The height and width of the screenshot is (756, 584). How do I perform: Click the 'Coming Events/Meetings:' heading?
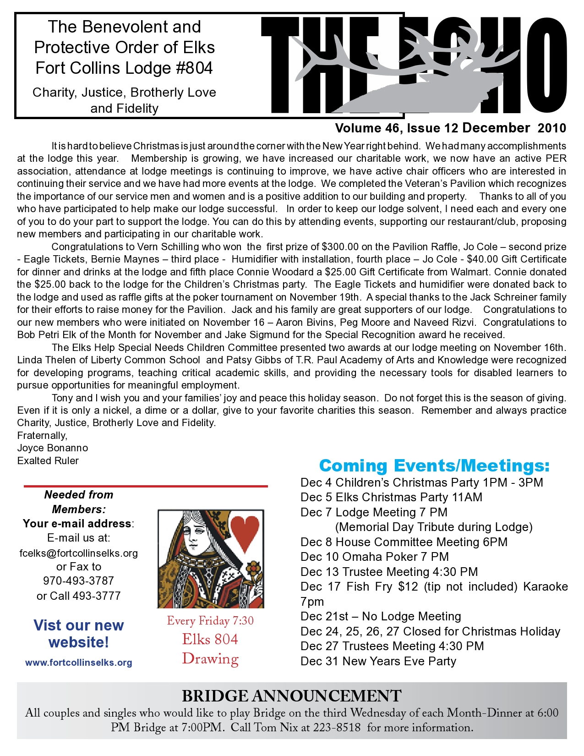[434, 466]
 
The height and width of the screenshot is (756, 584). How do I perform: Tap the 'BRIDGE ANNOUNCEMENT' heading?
[291, 696]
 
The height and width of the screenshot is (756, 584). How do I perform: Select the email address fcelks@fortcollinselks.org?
[79, 553]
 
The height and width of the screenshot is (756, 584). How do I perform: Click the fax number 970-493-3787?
[79, 581]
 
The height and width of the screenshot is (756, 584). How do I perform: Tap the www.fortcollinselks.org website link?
[79, 663]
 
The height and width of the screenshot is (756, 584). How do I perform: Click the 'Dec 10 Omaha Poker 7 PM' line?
[375, 557]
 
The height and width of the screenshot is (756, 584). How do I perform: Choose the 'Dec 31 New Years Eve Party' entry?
[378, 661]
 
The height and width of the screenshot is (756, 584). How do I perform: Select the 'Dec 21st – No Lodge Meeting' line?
[381, 616]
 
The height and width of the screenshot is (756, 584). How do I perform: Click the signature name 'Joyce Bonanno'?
[53, 448]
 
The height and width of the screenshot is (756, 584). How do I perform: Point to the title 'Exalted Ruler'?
[48, 460]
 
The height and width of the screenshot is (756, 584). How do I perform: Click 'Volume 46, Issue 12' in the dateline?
[397, 128]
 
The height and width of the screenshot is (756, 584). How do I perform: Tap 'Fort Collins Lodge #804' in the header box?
[124, 68]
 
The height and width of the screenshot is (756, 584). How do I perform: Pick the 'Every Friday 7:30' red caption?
[210, 621]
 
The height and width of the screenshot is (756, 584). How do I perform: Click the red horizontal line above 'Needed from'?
[146, 486]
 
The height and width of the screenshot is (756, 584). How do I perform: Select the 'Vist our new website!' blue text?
[79, 634]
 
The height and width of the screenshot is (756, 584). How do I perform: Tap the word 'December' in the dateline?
[496, 128]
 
